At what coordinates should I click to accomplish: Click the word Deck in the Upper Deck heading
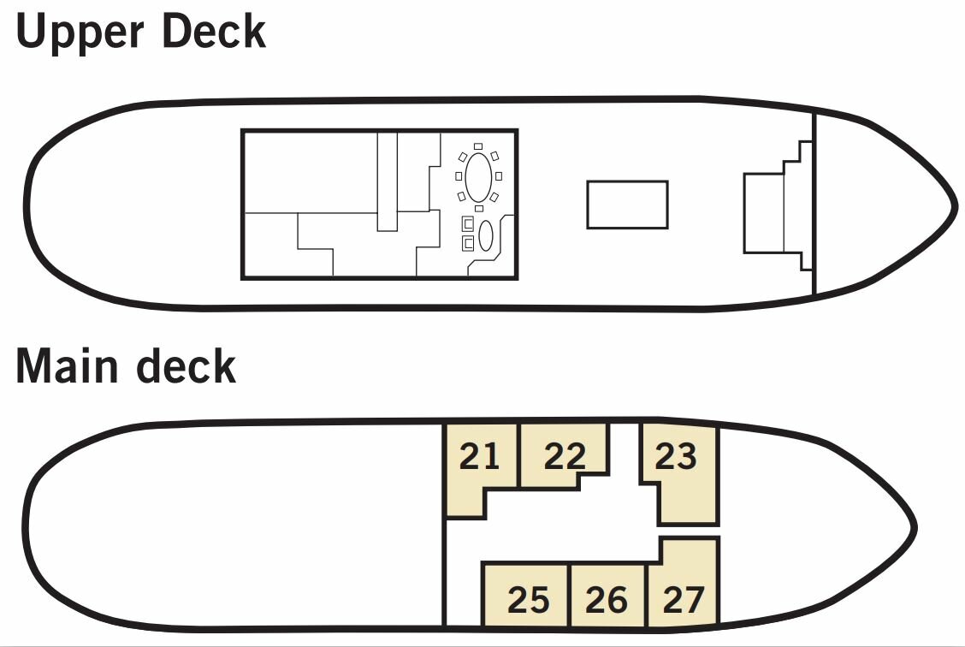pyautogui.click(x=214, y=30)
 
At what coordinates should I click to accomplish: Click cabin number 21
pyautogui.click(x=479, y=456)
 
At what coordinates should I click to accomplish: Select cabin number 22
pyautogui.click(x=565, y=456)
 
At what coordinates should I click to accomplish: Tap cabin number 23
pyautogui.click(x=676, y=456)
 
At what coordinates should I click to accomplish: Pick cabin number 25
pyautogui.click(x=528, y=600)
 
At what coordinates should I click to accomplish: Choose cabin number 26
pyautogui.click(x=607, y=600)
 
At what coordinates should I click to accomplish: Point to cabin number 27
pyautogui.click(x=684, y=600)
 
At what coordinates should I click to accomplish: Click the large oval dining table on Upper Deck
pyautogui.click(x=478, y=177)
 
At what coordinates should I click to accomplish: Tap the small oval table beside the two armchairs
pyautogui.click(x=486, y=235)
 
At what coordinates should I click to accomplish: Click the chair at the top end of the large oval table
pyautogui.click(x=478, y=146)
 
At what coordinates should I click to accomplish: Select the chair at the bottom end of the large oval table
pyautogui.click(x=479, y=208)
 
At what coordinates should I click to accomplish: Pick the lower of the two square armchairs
pyautogui.click(x=468, y=244)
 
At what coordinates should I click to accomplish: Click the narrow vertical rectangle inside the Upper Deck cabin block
pyautogui.click(x=387, y=181)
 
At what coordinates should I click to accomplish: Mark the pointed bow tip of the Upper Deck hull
pyautogui.click(x=955, y=205)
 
